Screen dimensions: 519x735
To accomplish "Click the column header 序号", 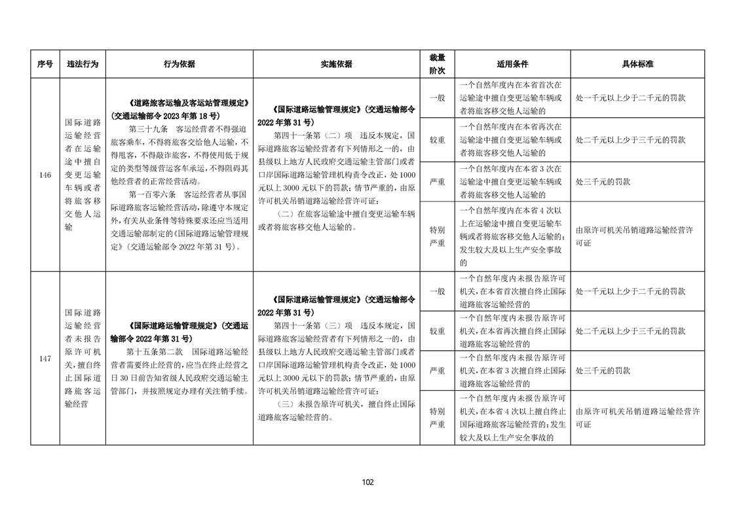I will click(x=45, y=64).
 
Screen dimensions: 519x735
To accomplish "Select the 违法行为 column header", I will click(x=83, y=64).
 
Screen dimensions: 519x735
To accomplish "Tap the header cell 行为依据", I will click(x=179, y=64).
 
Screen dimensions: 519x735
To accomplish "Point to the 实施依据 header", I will click(x=336, y=64).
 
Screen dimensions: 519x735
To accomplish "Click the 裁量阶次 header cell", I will click(x=437, y=64).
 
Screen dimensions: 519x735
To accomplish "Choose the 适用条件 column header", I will click(x=512, y=64).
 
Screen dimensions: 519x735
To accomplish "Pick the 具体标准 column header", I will click(x=637, y=64).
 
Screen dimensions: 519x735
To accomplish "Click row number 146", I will click(x=45, y=175).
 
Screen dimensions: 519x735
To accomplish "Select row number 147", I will click(x=45, y=359).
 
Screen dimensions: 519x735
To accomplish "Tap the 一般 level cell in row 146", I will click(x=437, y=98).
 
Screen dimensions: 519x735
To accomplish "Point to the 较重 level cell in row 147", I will click(x=437, y=331).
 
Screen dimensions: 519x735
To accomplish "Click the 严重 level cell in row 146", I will click(x=437, y=181).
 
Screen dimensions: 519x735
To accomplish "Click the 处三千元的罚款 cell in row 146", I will click(x=603, y=181).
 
